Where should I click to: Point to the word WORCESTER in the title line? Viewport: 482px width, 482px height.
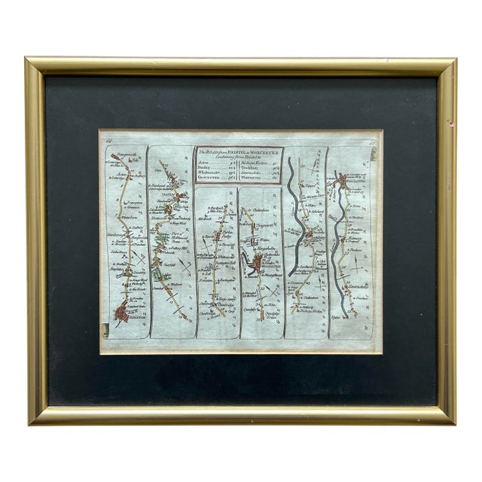point(264,152)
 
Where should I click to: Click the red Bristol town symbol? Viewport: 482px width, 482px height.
point(120,313)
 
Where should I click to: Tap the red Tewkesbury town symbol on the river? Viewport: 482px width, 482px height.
point(309,243)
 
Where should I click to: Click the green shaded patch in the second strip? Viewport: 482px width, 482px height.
point(157,276)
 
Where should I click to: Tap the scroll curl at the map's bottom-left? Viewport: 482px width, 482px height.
point(104,328)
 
